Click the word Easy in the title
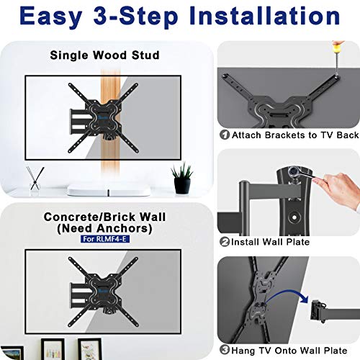(x=51, y=16)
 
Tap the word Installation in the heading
(x=264, y=16)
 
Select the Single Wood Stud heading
(x=104, y=55)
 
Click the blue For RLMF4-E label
(x=105, y=239)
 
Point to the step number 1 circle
(x=225, y=135)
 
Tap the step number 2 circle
(x=225, y=241)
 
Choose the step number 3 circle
(x=225, y=350)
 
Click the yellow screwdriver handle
(x=338, y=48)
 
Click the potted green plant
(x=182, y=178)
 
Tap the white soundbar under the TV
(x=109, y=191)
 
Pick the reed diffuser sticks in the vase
(x=35, y=178)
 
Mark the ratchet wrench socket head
(x=293, y=171)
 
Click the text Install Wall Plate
(x=270, y=242)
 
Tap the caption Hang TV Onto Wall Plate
(x=289, y=351)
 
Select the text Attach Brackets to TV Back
(x=295, y=135)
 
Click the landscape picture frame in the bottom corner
(x=12, y=353)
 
